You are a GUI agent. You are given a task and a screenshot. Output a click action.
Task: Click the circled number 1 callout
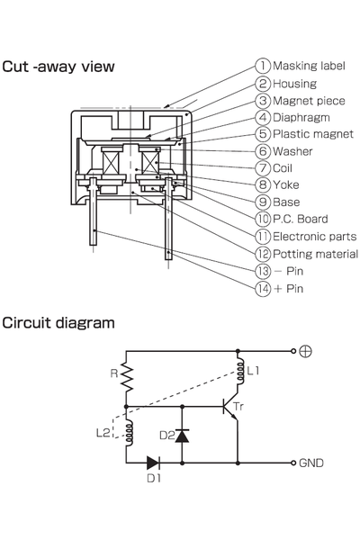263,66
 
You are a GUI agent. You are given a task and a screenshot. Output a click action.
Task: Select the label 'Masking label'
309,66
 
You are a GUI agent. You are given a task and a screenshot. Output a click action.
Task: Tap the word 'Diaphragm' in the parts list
301,118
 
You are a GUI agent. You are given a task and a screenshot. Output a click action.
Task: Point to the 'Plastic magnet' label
313,134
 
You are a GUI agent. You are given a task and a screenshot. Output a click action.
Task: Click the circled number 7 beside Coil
263,168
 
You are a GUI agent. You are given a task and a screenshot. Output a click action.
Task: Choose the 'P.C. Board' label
300,219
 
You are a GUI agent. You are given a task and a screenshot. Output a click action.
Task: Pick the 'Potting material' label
315,254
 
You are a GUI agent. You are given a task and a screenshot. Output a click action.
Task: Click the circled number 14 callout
263,288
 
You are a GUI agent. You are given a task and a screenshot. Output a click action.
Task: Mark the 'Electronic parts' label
314,237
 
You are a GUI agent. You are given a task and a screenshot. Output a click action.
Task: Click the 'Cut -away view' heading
58,67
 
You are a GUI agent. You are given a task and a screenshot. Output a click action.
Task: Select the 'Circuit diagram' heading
58,323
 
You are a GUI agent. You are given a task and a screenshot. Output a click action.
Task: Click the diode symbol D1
153,463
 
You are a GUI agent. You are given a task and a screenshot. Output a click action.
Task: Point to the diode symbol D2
182,436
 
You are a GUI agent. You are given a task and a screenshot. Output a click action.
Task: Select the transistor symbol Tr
230,407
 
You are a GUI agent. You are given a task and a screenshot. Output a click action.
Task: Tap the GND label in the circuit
311,463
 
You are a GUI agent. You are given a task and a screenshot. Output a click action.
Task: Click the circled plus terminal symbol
306,351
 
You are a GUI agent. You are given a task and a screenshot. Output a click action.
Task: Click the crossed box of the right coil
150,162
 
